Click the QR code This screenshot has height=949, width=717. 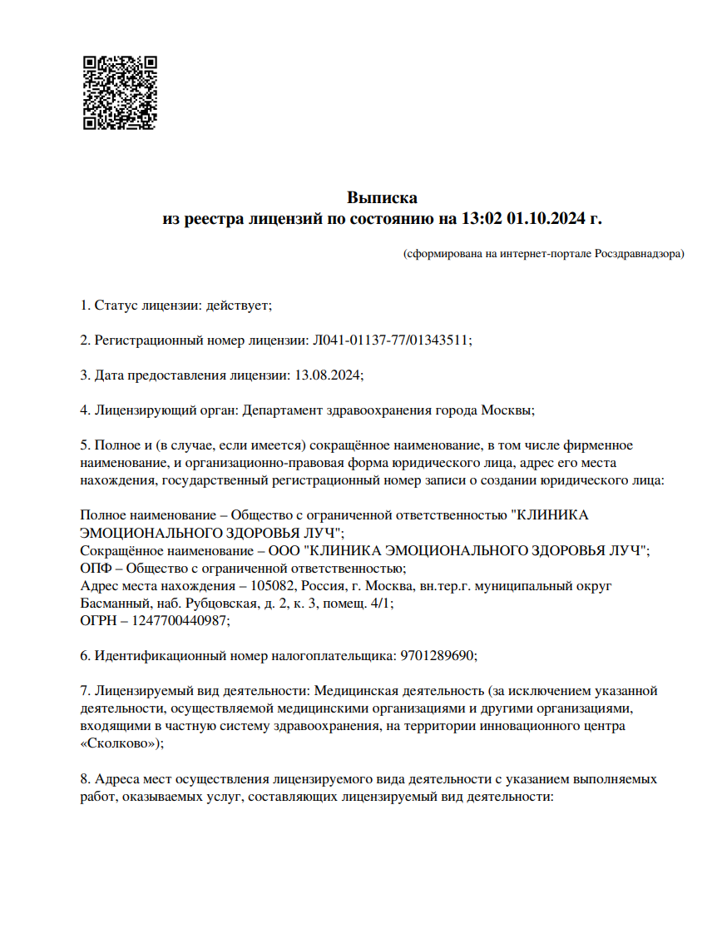pos(121,92)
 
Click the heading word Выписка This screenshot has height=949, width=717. pos(382,198)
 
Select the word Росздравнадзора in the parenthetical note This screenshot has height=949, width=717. pos(637,253)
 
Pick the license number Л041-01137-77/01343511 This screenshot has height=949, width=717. pos(390,340)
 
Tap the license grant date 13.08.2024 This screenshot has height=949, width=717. pos(328,375)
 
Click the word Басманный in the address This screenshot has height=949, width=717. pos(114,604)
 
